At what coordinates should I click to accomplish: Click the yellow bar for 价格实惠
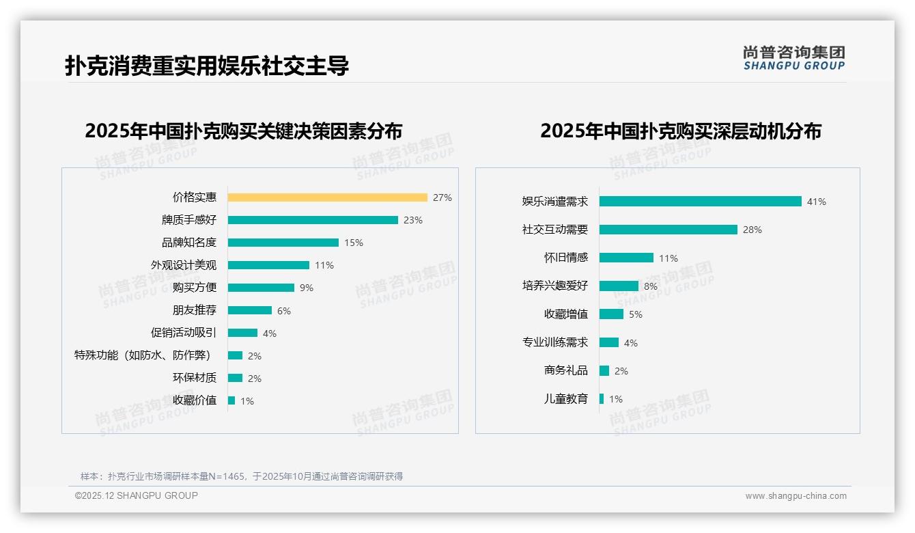pyautogui.click(x=327, y=197)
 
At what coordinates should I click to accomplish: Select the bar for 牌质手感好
pyautogui.click(x=313, y=220)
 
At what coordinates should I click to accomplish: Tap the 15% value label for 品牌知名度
pyautogui.click(x=354, y=243)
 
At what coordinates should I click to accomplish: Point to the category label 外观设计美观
pyautogui.click(x=184, y=265)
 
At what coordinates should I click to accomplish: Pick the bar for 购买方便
pyautogui.click(x=261, y=288)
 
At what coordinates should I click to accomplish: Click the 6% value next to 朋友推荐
pyautogui.click(x=284, y=311)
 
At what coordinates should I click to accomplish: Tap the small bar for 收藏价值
pyautogui.click(x=231, y=400)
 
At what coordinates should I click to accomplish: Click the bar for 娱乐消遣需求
pyautogui.click(x=700, y=202)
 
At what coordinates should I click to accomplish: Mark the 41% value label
pyautogui.click(x=816, y=202)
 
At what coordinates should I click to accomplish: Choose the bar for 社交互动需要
pyautogui.click(x=668, y=230)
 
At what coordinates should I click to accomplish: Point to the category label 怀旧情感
pyautogui.click(x=565, y=258)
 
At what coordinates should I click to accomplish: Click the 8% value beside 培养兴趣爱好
pyautogui.click(x=650, y=286)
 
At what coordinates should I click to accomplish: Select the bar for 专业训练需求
pyautogui.click(x=609, y=342)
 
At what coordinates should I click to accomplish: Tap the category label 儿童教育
pyautogui.click(x=565, y=399)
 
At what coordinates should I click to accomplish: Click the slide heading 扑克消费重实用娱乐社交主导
pyautogui.click(x=207, y=66)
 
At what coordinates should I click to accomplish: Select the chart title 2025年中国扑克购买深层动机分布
pyautogui.click(x=680, y=131)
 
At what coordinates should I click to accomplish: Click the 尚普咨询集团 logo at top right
pyautogui.click(x=793, y=57)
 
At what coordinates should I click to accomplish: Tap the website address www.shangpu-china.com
pyautogui.click(x=796, y=496)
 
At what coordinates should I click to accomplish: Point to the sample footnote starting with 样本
pyautogui.click(x=242, y=476)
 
